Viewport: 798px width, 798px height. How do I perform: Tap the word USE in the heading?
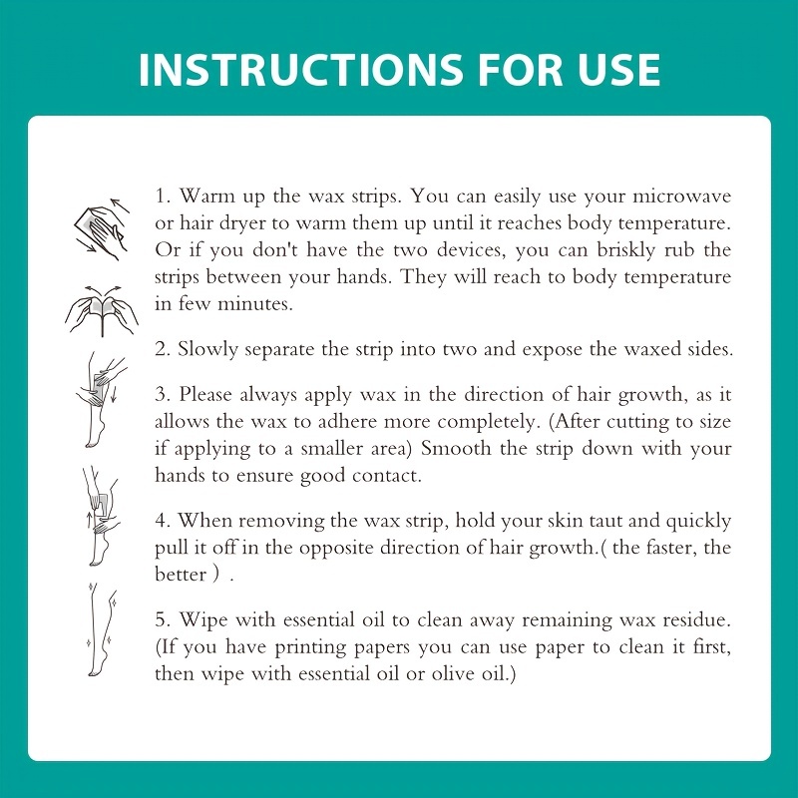(618, 69)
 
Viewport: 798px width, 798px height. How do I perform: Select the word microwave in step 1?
(682, 196)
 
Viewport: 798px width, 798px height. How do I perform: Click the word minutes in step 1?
(255, 304)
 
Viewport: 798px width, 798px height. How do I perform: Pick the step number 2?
(163, 349)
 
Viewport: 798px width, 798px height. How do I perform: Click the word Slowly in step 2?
(207, 350)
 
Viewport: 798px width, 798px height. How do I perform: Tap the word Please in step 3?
(208, 395)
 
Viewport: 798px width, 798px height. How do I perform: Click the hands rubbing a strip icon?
(102, 229)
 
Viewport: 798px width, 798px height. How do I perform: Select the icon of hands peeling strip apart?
(102, 310)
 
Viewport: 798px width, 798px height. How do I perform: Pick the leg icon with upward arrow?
(101, 515)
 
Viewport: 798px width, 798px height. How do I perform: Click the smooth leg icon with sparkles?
(102, 630)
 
